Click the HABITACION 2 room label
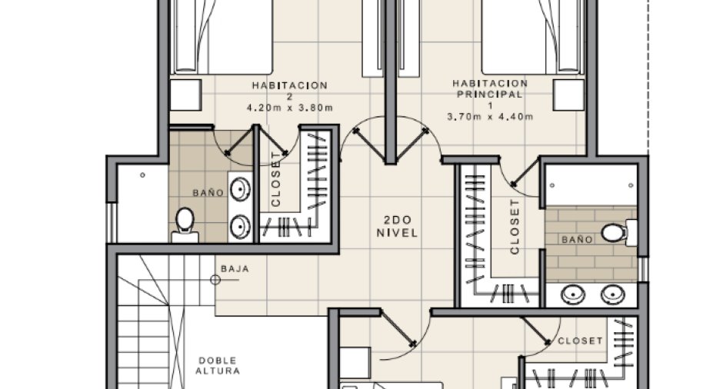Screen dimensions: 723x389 289,91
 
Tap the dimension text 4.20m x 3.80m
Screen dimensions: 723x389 289,108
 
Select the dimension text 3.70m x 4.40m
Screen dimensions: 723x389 490,117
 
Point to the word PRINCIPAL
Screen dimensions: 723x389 490,95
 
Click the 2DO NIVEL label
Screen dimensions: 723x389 397,226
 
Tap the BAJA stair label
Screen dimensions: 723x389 235,269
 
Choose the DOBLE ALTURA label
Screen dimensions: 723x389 217,365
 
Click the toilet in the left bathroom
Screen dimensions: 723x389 185,224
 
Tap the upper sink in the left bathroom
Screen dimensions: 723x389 240,189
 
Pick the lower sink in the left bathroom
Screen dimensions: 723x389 240,227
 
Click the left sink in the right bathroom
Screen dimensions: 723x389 573,294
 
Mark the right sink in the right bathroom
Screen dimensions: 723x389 613,294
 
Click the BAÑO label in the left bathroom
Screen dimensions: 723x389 208,192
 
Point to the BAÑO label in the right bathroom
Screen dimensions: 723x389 577,239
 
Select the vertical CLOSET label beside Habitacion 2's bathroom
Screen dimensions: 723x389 275,179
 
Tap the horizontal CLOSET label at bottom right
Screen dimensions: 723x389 580,341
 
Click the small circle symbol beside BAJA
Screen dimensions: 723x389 215,280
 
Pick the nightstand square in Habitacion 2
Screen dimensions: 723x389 186,95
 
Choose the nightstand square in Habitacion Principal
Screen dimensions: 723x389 568,95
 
